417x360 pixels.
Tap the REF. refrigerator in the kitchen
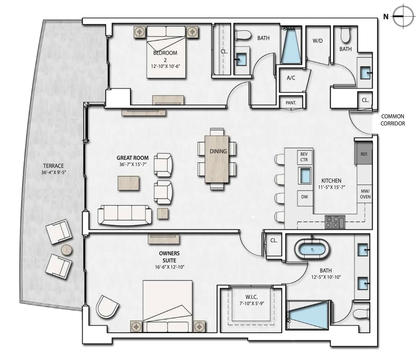(364, 153)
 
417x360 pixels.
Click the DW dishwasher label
(304, 197)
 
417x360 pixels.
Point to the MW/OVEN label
(365, 194)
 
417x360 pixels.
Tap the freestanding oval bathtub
(312, 249)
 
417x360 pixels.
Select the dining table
(217, 159)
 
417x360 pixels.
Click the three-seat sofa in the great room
(125, 215)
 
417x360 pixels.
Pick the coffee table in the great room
(128, 183)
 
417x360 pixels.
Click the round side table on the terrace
(66, 250)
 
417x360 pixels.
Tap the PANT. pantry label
(291, 103)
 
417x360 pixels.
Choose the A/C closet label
(291, 78)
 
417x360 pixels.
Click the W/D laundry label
(318, 41)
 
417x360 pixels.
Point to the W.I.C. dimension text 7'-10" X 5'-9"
(252, 303)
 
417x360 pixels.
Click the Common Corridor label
(393, 120)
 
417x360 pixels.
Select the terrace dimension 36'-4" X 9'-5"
(54, 172)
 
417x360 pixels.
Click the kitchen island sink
(305, 175)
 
